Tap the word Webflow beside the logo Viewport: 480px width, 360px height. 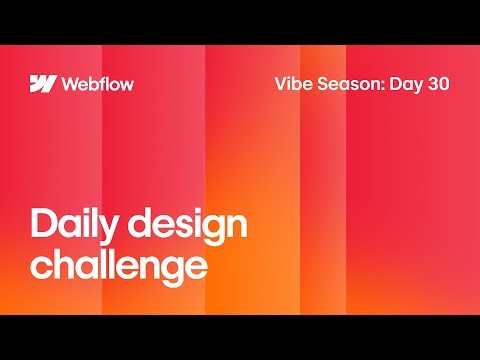point(97,83)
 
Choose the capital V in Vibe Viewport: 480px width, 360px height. point(280,83)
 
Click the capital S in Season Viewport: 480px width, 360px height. point(325,83)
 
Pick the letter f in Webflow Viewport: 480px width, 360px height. point(103,83)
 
